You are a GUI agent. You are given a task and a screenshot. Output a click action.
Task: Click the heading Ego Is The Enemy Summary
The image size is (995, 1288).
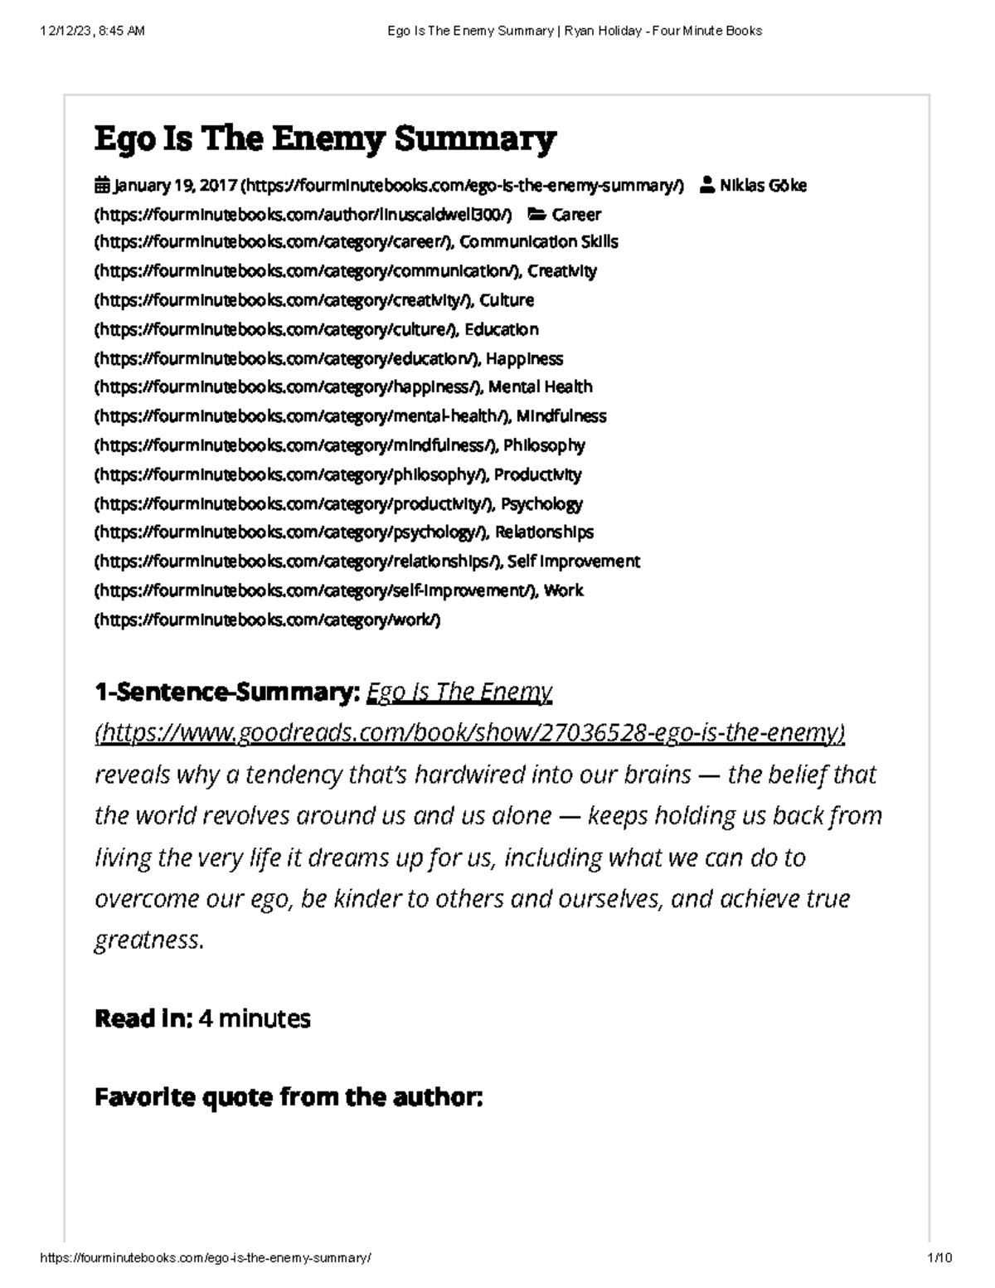325,139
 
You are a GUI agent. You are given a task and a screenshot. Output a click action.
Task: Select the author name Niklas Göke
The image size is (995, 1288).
763,185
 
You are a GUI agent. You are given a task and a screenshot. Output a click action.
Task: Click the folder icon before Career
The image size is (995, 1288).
537,214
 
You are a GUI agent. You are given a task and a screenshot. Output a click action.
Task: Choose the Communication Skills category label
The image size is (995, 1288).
539,241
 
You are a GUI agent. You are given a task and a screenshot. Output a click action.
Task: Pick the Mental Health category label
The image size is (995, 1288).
541,386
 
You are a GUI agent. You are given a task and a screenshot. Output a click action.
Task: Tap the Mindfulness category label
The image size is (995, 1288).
561,416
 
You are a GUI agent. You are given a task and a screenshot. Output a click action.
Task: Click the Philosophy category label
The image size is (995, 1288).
544,445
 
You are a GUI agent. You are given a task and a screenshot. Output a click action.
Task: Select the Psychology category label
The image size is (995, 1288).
541,503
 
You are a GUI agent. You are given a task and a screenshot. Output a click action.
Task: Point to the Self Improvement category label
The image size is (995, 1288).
574,561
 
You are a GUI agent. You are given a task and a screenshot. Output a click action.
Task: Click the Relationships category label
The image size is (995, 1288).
544,532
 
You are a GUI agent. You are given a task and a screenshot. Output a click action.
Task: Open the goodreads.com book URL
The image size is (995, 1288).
470,733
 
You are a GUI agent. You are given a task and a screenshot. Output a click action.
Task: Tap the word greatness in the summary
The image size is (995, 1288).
147,940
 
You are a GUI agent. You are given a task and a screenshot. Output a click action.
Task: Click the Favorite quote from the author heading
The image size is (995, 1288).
288,1097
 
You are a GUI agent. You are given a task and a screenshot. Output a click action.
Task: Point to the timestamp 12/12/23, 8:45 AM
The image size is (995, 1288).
92,31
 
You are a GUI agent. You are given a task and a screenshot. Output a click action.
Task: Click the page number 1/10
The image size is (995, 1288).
940,1257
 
